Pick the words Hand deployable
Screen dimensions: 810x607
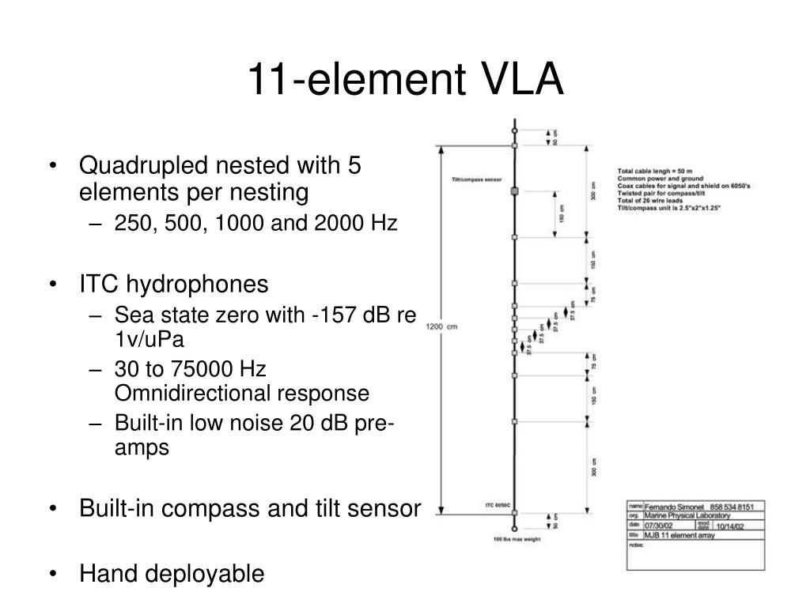[x=172, y=574]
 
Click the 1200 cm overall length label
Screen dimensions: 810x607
[x=442, y=326]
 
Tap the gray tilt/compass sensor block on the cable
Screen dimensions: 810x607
[x=514, y=191]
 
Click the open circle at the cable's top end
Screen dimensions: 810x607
[x=514, y=130]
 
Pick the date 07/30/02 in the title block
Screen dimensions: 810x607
[x=660, y=525]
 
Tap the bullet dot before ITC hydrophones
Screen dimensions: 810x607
[x=52, y=285]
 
